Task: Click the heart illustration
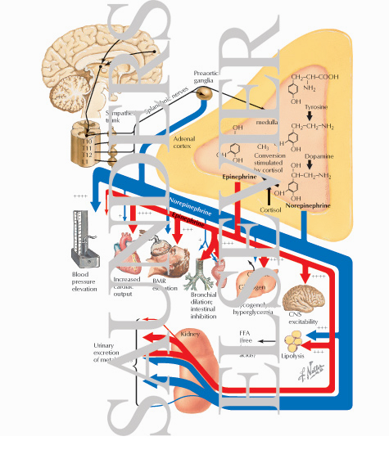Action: click(x=129, y=252)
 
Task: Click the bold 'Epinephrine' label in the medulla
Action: click(x=240, y=176)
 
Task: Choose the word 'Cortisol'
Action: click(x=270, y=209)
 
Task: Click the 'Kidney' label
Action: click(x=190, y=335)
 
